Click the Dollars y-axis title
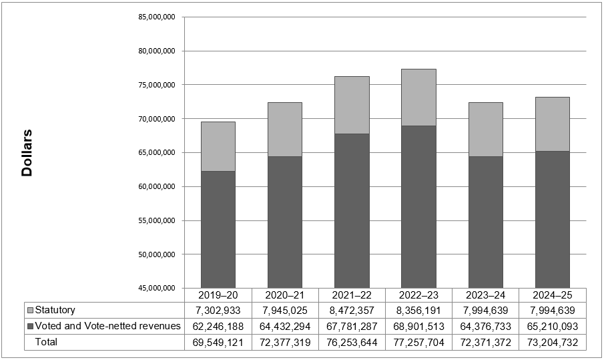[x=27, y=152]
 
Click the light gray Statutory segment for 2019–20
[x=218, y=146]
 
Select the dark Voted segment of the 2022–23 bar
[x=418, y=206]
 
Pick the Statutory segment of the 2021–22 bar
[x=352, y=105]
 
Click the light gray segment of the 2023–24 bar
[x=485, y=129]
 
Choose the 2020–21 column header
[x=285, y=295]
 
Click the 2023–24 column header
[x=485, y=295]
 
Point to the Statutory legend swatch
[x=30, y=311]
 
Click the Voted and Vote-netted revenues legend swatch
[x=30, y=327]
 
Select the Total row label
[x=47, y=342]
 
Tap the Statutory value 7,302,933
[x=218, y=311]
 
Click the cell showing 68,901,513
[x=418, y=327]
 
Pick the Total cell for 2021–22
[x=352, y=342]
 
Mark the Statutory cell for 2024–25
[x=553, y=311]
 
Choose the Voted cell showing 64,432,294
[x=285, y=327]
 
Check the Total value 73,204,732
[x=553, y=342]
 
